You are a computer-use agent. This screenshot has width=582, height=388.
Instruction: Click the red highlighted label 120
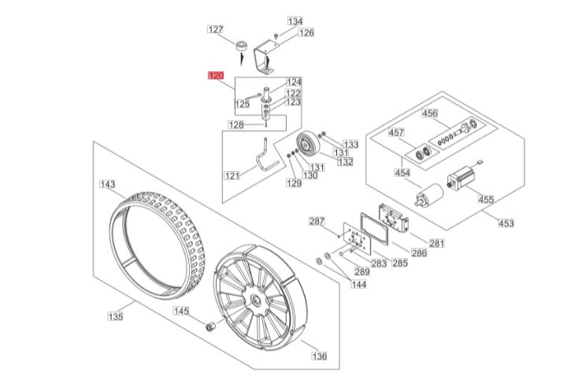click(x=215, y=76)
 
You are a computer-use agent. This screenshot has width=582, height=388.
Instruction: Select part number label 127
click(x=215, y=29)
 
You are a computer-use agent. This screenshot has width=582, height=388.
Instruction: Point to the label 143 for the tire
click(x=107, y=185)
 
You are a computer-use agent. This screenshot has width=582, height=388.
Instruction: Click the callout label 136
click(x=319, y=356)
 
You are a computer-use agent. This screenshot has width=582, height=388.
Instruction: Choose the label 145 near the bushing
click(x=182, y=312)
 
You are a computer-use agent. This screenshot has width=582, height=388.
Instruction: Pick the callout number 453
click(x=506, y=223)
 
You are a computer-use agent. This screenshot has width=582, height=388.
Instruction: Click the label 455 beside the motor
click(x=486, y=200)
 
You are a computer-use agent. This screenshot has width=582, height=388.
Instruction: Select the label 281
click(x=437, y=241)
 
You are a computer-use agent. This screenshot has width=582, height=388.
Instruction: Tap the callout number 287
click(x=317, y=221)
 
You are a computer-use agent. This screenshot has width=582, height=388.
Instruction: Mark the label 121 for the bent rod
click(x=232, y=175)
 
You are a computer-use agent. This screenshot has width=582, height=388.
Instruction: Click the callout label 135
click(x=116, y=317)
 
